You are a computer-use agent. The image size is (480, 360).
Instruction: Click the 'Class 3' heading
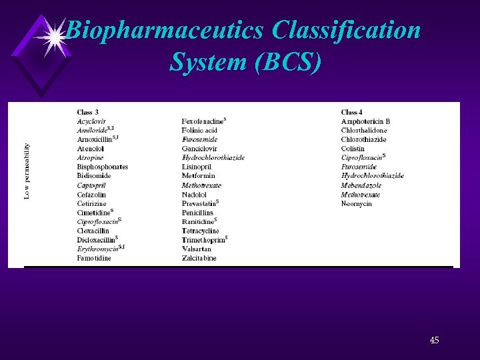pyautogui.click(x=87, y=112)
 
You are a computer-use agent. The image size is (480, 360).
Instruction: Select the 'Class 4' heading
pyautogui.click(x=352, y=112)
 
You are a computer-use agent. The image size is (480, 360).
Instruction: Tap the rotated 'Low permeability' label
pyautogui.click(x=27, y=170)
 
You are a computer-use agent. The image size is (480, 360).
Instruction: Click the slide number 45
pyautogui.click(x=434, y=341)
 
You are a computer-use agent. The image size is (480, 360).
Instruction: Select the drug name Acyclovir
pyautogui.click(x=91, y=121)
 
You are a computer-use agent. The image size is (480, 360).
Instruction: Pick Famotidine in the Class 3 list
pyautogui.click(x=94, y=258)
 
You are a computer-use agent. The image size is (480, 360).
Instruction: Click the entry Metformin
pyautogui.click(x=197, y=176)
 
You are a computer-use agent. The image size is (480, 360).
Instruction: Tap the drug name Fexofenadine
pyautogui.click(x=203, y=121)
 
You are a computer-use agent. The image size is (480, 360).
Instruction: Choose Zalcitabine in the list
pyautogui.click(x=199, y=258)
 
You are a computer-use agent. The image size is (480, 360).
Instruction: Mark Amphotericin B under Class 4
pyautogui.click(x=365, y=121)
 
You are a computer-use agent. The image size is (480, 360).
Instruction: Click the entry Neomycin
pyautogui.click(x=356, y=203)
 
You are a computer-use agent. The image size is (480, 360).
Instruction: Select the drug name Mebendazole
pyautogui.click(x=361, y=185)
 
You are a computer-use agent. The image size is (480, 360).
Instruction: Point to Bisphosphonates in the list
pyautogui.click(x=102, y=167)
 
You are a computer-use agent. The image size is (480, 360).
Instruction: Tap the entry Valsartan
pyautogui.click(x=196, y=249)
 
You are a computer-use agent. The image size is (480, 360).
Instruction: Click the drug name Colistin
pyautogui.click(x=353, y=149)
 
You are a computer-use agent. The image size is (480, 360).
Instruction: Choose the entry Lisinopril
pyautogui.click(x=196, y=167)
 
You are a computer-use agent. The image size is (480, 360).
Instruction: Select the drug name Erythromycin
pyautogui.click(x=97, y=249)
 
